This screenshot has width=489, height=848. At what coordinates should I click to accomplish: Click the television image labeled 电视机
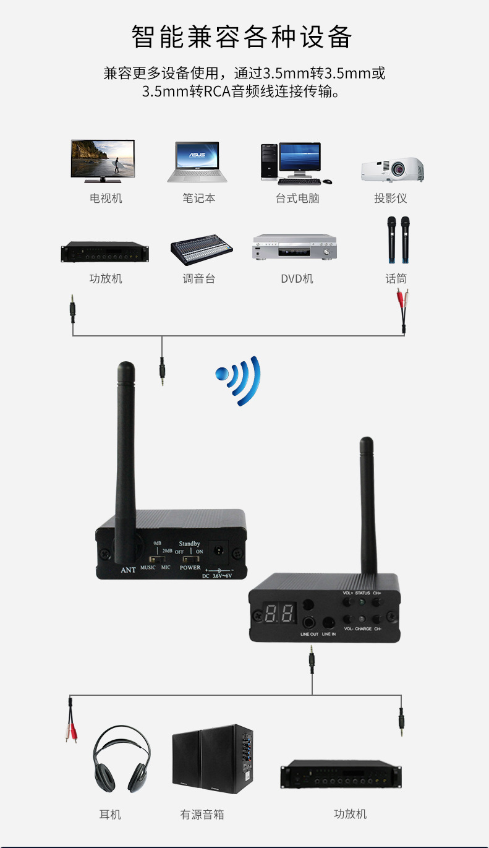pos(103,160)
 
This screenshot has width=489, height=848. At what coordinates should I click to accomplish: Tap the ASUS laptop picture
pos(197,162)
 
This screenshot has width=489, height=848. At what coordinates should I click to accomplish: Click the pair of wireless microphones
pos(399,239)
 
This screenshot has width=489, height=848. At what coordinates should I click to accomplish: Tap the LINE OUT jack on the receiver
pos(310,622)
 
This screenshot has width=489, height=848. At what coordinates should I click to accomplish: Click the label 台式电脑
pos(297,199)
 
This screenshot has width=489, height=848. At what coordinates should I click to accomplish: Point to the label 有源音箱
pos(202,815)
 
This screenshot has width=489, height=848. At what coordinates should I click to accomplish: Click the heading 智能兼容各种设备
pos(242,37)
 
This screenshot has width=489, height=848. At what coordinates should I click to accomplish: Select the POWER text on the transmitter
pos(190,567)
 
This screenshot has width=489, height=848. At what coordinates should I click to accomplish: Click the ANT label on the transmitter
pos(128,570)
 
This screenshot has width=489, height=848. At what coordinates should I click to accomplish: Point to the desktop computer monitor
pos(299,159)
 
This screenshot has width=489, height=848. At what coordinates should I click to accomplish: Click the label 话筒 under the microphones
pos(396,279)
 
